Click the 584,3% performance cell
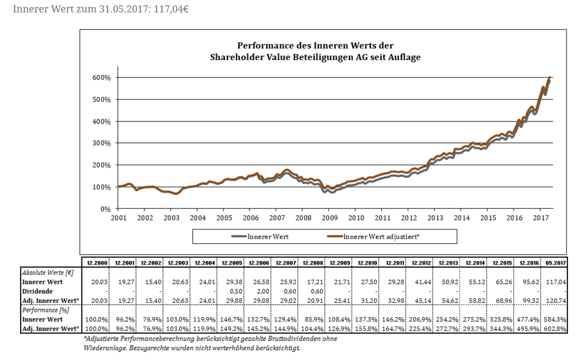click(556, 320)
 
